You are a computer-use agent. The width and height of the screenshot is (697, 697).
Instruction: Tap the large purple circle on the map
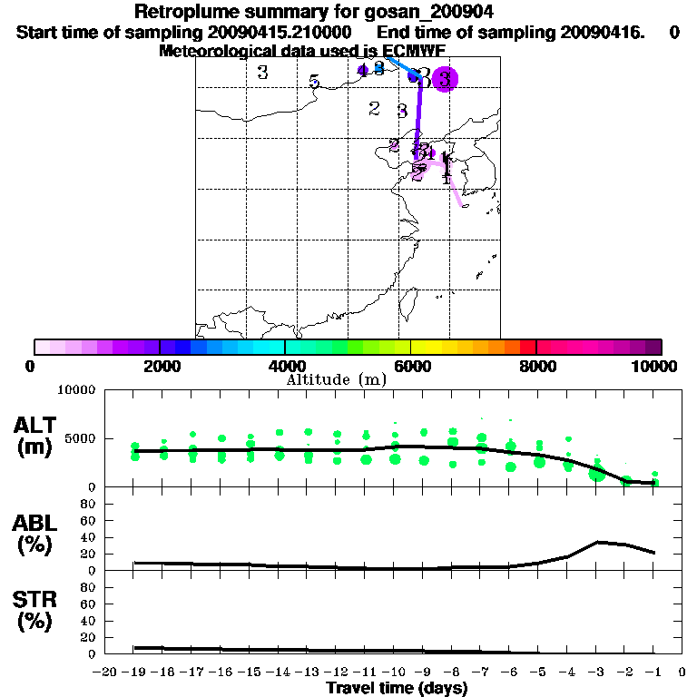[444, 79]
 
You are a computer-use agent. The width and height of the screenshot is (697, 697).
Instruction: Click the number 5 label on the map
[314, 83]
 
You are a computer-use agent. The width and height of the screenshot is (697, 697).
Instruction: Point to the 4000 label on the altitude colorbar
[285, 366]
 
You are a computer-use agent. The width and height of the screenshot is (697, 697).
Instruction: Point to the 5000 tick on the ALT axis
[82, 439]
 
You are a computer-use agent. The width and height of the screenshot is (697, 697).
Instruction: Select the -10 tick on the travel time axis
[393, 672]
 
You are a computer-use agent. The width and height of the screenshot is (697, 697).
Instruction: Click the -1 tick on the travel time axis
[653, 672]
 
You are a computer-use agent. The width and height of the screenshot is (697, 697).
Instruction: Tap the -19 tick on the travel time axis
[134, 672]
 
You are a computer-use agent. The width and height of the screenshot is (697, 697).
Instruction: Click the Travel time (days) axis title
[397, 688]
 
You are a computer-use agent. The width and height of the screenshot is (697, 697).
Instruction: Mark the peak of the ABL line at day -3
[597, 542]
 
